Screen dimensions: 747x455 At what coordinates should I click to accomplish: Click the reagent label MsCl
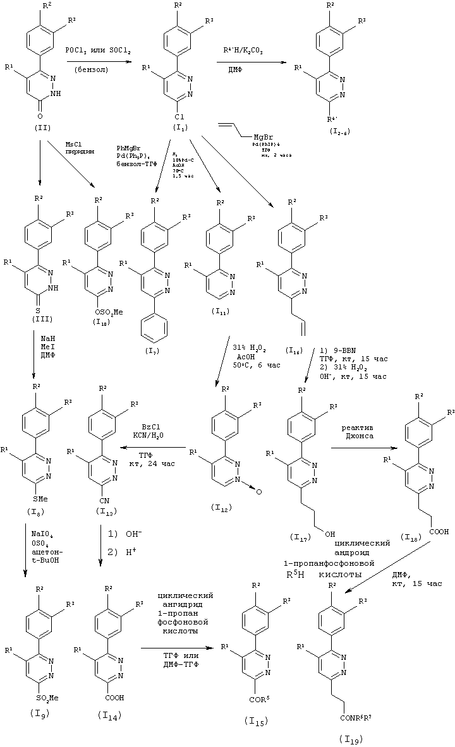[x=75, y=145]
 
